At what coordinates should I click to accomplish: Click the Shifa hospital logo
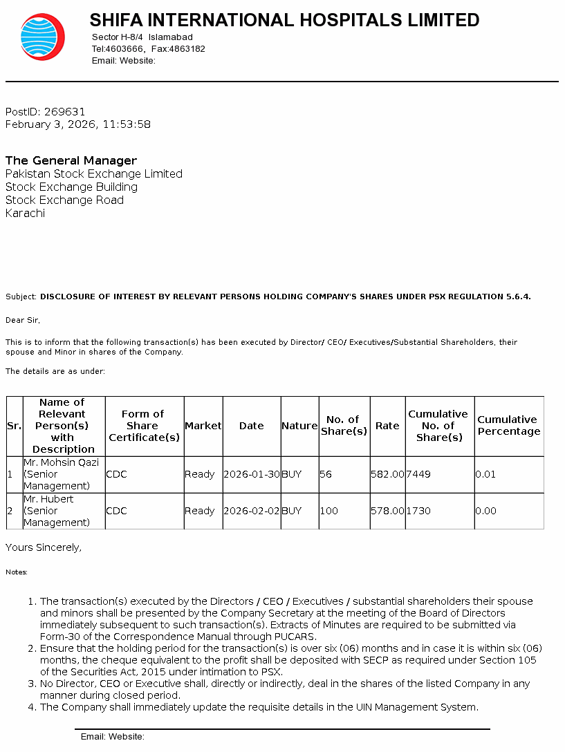pos(42,37)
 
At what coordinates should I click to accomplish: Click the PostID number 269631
pos(64,111)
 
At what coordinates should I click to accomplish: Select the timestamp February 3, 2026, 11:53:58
pos(77,124)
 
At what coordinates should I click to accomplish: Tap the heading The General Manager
pos(71,160)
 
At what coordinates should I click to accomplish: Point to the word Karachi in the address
pos(25,213)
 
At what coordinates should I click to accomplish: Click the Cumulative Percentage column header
pos(508,426)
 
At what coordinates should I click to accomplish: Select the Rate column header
pos(387,426)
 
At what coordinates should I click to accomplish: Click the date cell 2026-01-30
pos(252,474)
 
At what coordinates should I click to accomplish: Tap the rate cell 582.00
pos(387,474)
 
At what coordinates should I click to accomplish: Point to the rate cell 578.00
pos(387,511)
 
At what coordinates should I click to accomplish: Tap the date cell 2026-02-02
pos(252,511)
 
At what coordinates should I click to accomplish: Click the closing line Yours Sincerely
pos(44,547)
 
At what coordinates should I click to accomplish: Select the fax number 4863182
pos(188,49)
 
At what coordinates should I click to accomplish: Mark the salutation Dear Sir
pos(23,320)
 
